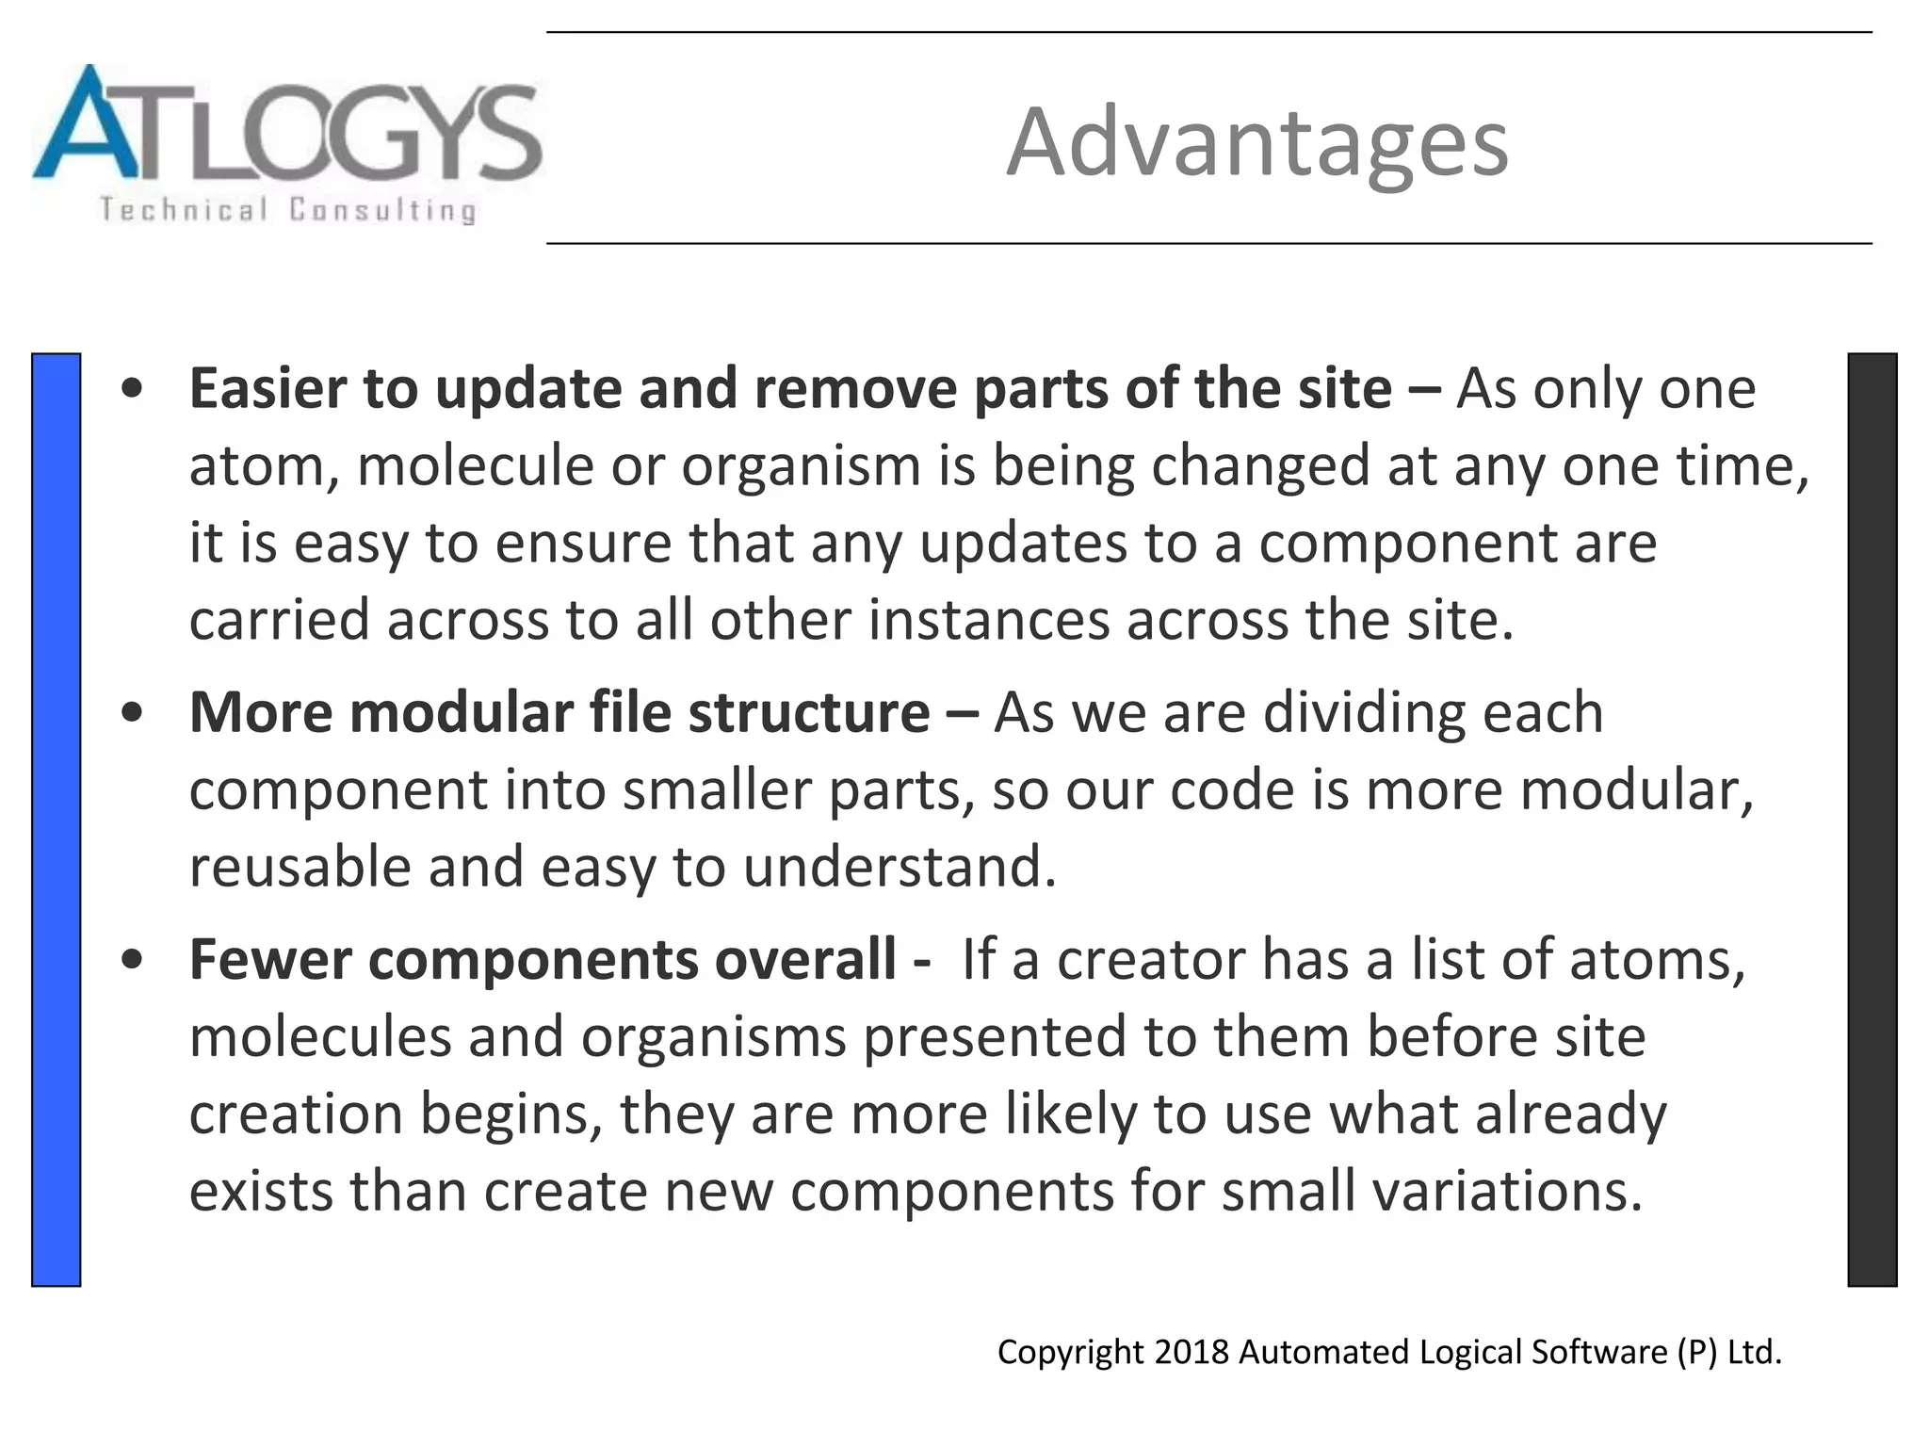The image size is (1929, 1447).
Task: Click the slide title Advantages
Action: [x=1256, y=142]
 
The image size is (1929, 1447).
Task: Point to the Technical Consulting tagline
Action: [x=287, y=209]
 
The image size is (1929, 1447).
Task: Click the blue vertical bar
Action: [x=56, y=819]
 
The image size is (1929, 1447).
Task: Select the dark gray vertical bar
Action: [x=1872, y=819]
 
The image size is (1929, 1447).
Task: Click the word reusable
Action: [x=300, y=867]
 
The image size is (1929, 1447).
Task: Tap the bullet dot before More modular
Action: [x=133, y=713]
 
